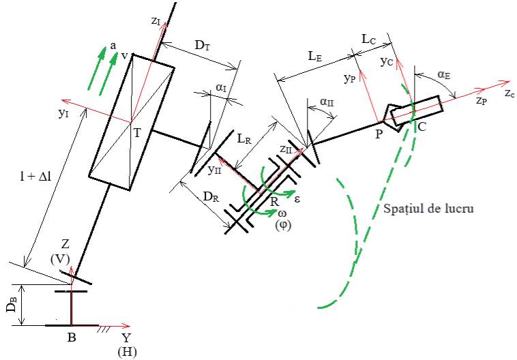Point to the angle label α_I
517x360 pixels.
[222, 88]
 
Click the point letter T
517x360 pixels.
[137, 133]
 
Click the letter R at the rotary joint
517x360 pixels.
[274, 201]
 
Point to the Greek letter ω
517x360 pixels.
[282, 215]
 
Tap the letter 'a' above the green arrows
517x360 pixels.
[113, 46]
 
